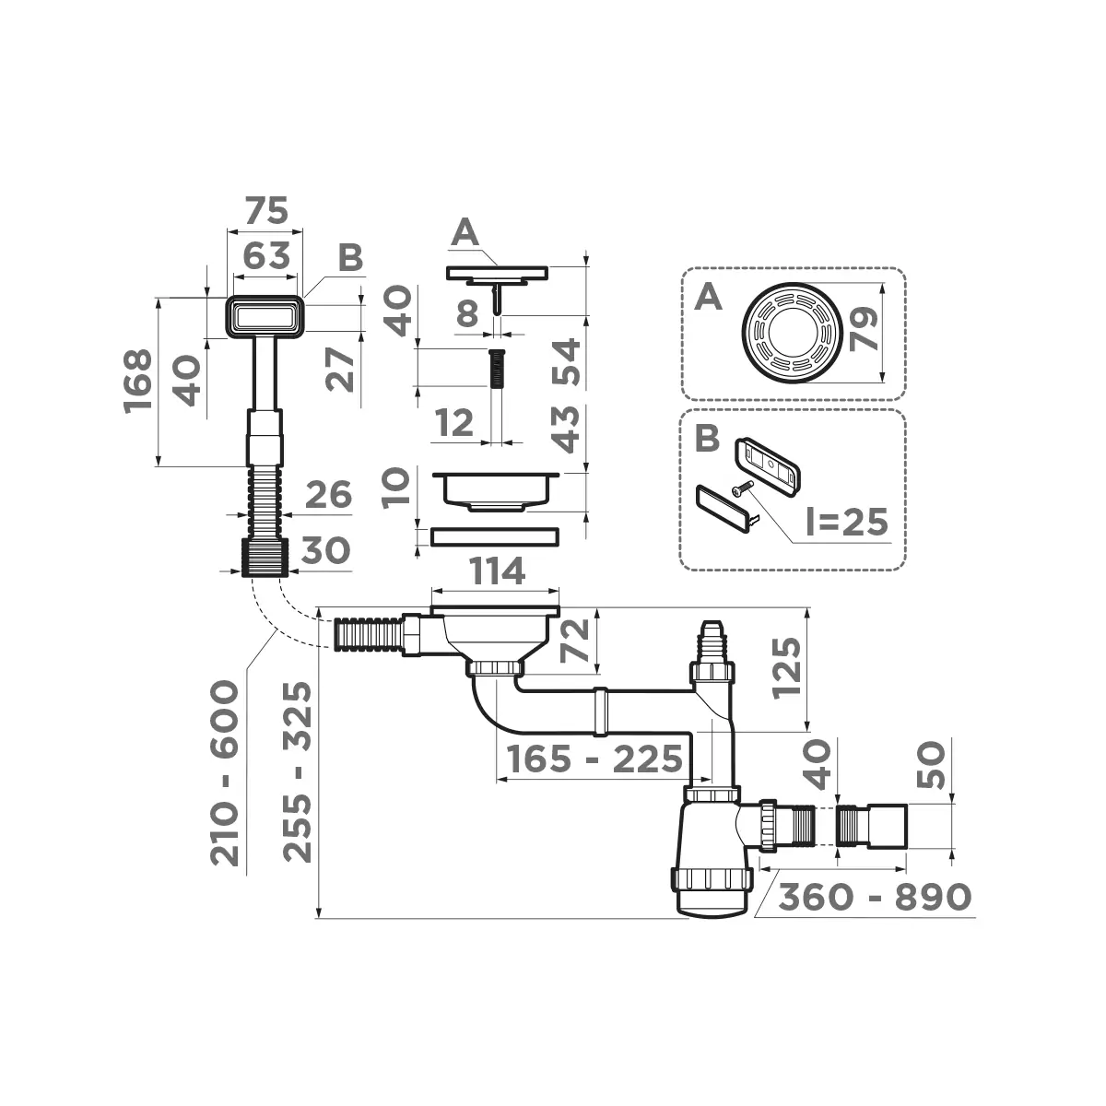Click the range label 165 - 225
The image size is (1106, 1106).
(x=591, y=759)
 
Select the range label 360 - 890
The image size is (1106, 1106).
(x=876, y=896)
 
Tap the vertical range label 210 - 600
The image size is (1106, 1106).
(x=225, y=772)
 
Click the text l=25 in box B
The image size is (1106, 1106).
(x=844, y=522)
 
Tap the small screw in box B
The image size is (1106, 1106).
(x=741, y=490)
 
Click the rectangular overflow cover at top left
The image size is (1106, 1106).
(x=265, y=316)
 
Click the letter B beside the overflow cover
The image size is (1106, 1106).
(x=349, y=258)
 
